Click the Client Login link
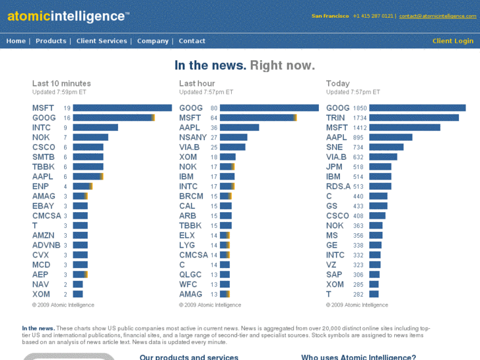click(452, 41)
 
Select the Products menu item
click(51, 41)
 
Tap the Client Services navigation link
click(102, 41)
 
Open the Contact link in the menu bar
click(192, 41)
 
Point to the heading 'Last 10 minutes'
click(61, 83)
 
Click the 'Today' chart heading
click(338, 83)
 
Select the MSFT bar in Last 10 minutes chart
click(122, 108)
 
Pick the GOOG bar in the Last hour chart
click(269, 108)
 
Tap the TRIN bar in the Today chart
click(414, 118)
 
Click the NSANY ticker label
click(193, 137)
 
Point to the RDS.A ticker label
click(338, 186)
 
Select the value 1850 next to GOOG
click(360, 108)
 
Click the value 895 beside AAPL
click(358, 137)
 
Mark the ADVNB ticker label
click(46, 245)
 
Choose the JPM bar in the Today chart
click(380, 167)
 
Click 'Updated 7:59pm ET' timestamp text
click(59, 92)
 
